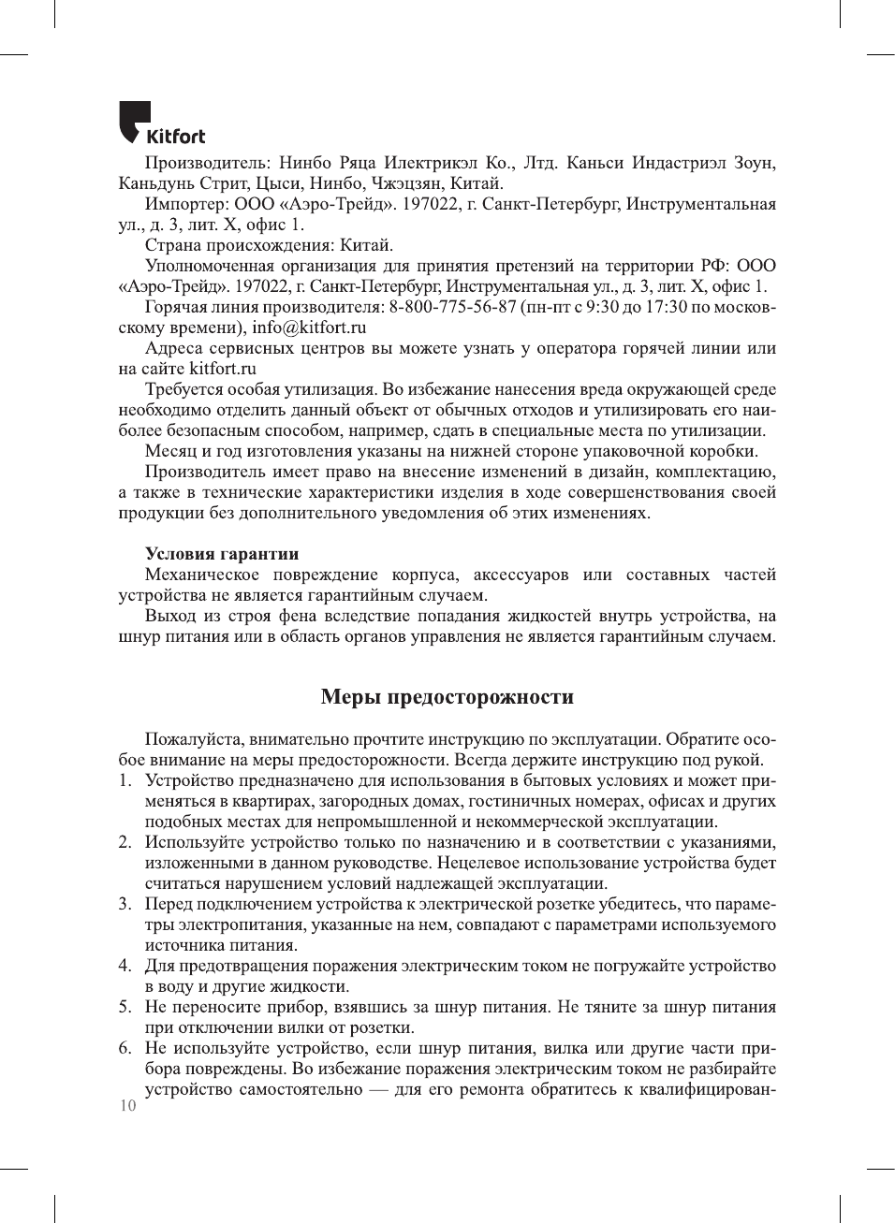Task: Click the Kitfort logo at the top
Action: click(161, 124)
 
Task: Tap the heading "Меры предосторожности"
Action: click(447, 697)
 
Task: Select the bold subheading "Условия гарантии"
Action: click(222, 554)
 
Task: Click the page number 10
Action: click(127, 1106)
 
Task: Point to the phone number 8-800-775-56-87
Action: click(453, 307)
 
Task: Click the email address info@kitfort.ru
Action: click(309, 328)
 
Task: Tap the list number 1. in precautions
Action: click(125, 780)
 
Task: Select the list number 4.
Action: click(125, 966)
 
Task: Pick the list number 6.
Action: click(125, 1048)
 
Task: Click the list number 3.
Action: click(125, 904)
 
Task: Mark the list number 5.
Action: click(125, 1007)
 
